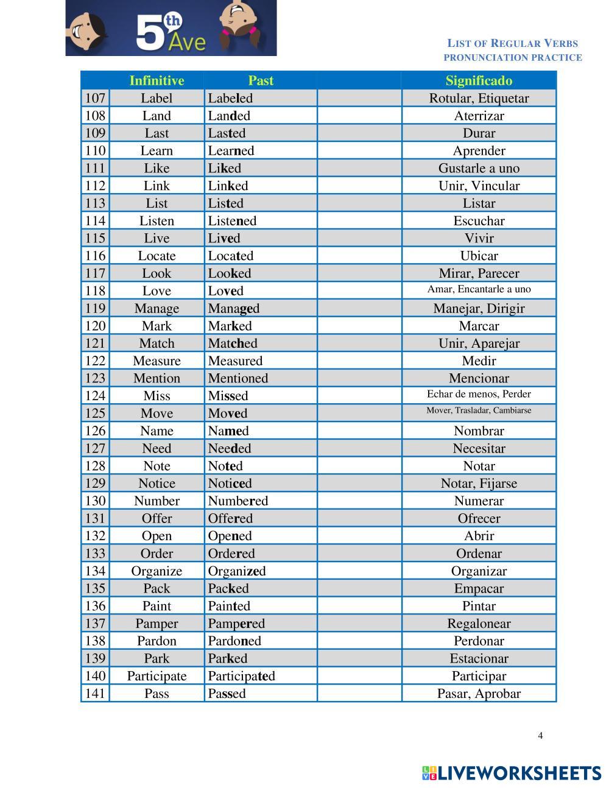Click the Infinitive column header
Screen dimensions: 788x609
(157, 80)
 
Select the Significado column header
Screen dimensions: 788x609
(479, 80)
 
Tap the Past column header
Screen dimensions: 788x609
(261, 80)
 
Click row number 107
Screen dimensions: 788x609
(95, 98)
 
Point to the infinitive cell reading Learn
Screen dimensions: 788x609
(157, 150)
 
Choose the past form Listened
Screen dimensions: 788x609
(232, 220)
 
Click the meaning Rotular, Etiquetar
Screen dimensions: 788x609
(479, 98)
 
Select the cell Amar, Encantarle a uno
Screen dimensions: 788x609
(479, 289)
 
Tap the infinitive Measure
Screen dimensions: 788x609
(157, 361)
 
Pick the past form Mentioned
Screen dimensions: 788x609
(238, 378)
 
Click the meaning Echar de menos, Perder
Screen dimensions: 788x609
(479, 394)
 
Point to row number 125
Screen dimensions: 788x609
(95, 413)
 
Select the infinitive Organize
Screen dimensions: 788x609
(157, 571)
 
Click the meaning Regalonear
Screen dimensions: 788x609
(479, 623)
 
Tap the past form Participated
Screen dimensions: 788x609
(241, 676)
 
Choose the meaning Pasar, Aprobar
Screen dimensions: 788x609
(479, 693)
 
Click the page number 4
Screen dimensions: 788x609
(540, 735)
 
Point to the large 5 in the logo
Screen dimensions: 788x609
(149, 33)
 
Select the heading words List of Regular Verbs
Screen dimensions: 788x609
(513, 43)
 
